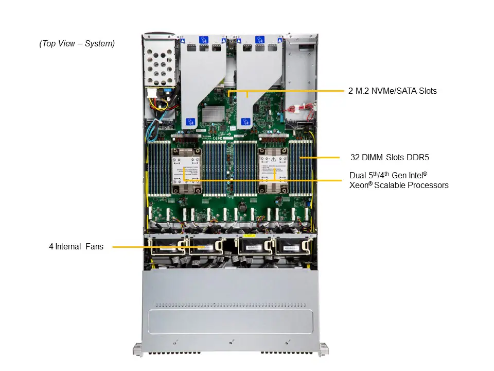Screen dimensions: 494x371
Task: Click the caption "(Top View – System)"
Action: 77,44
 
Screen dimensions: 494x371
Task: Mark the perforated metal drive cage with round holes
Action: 161,67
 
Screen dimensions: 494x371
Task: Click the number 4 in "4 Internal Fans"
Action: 51,247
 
